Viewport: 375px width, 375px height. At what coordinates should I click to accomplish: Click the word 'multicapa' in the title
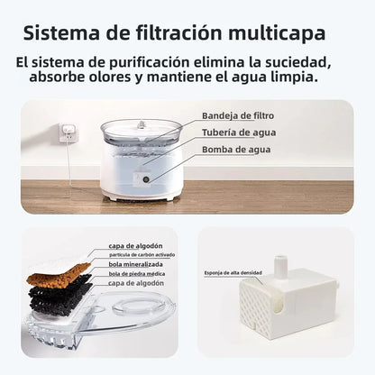[x=274, y=35]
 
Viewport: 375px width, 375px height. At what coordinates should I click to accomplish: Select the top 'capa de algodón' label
[x=134, y=246]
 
